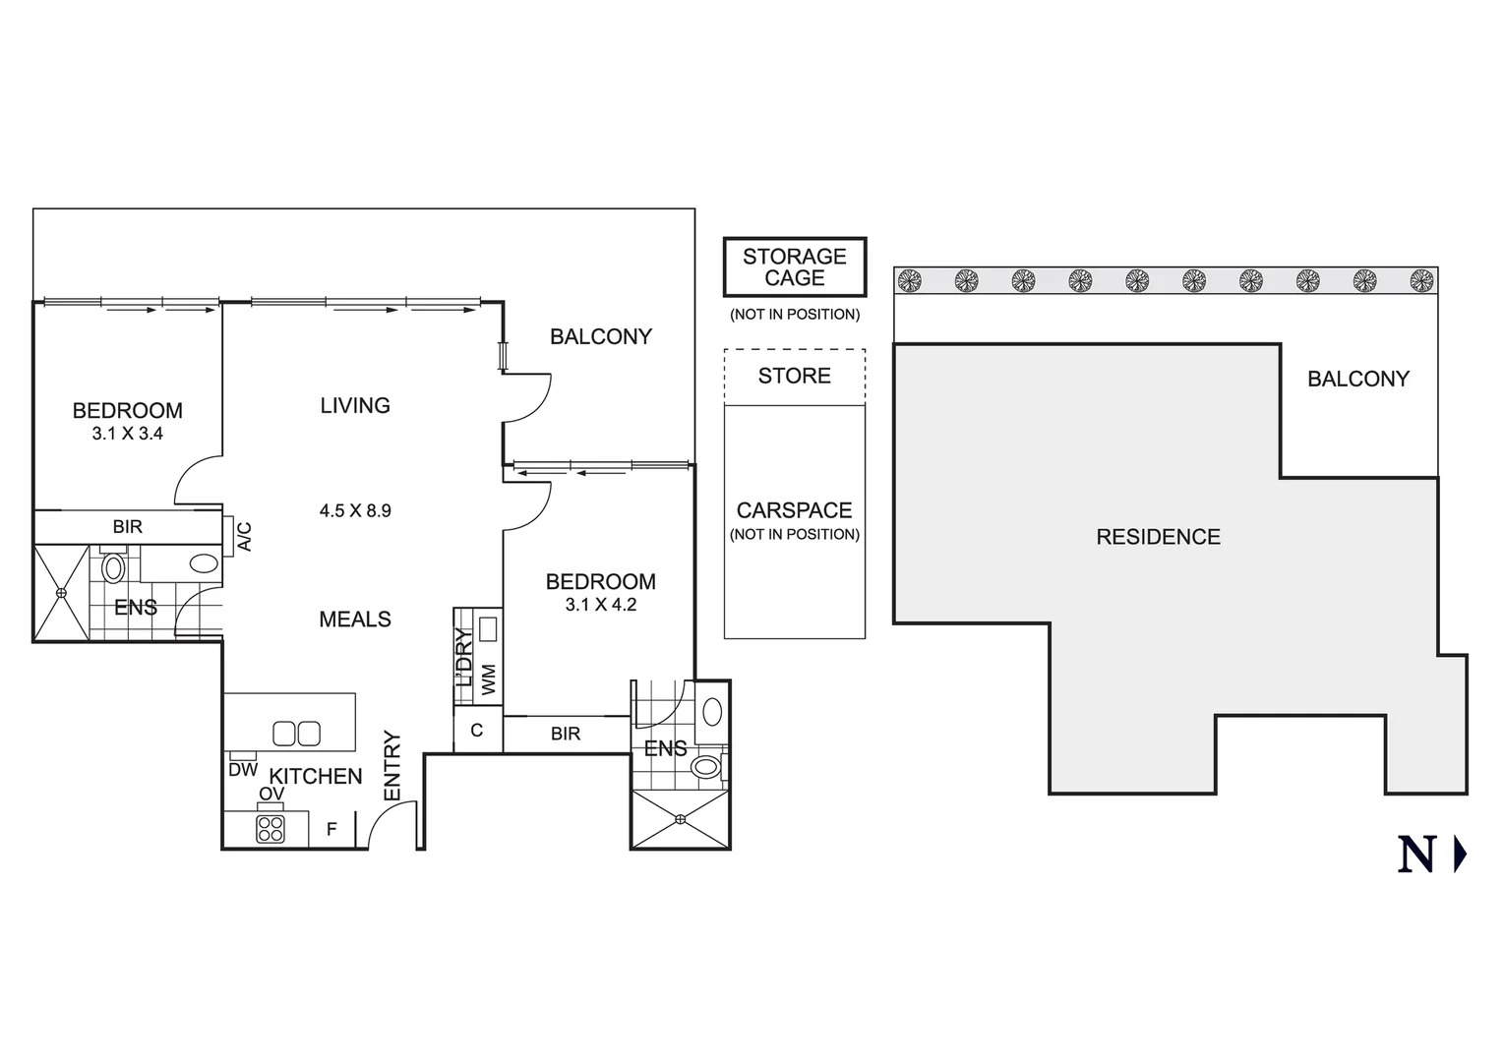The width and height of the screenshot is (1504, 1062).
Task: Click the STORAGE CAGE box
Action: [x=795, y=266]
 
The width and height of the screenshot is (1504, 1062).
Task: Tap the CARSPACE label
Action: [x=795, y=510]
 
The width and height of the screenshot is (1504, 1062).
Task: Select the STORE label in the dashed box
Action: [x=795, y=376]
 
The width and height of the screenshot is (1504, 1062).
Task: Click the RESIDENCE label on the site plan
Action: [x=1158, y=537]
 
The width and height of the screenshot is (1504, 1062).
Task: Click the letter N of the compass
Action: [x=1416, y=855]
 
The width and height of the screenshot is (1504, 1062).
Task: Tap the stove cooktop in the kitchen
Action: [x=271, y=829]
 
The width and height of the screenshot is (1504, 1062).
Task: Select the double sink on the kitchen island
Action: [x=296, y=734]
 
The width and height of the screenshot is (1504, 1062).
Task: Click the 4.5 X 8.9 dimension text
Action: [x=355, y=510]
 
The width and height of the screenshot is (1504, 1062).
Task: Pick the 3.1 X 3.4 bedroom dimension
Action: [x=128, y=433]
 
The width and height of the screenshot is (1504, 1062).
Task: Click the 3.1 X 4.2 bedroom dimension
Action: [x=601, y=605]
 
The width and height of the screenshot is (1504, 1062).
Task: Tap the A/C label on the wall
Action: [x=245, y=536]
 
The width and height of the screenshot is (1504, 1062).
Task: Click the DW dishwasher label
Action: [x=243, y=770]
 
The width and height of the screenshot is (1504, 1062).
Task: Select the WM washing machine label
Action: [x=489, y=678]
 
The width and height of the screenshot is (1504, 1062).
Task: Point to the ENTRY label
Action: [x=391, y=765]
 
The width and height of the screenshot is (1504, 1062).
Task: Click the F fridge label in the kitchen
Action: [x=331, y=829]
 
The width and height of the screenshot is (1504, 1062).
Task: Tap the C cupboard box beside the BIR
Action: [x=477, y=731]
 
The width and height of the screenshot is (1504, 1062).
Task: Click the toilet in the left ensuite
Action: [x=113, y=568]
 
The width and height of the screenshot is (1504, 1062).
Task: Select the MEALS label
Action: [x=355, y=619]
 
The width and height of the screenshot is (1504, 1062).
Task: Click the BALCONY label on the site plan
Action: [x=1357, y=379]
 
